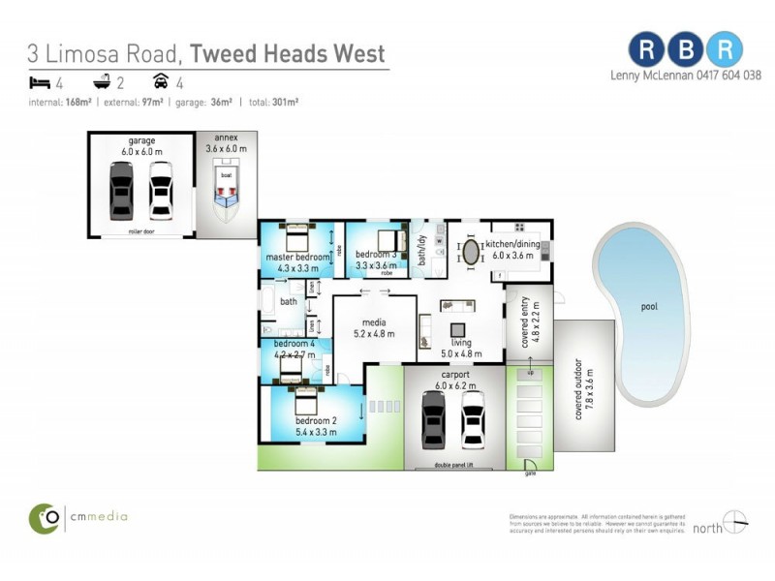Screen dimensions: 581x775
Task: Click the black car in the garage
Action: coord(121,190)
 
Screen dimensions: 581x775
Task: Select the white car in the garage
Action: coord(160,190)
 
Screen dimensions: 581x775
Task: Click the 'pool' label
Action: coord(648,307)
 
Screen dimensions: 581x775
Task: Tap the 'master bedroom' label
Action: coord(296,257)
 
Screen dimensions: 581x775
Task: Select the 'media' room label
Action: coord(374,322)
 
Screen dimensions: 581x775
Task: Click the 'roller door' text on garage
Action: coord(141,232)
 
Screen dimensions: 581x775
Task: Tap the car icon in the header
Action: coord(162,82)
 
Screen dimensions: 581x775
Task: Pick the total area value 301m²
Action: coord(284,101)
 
